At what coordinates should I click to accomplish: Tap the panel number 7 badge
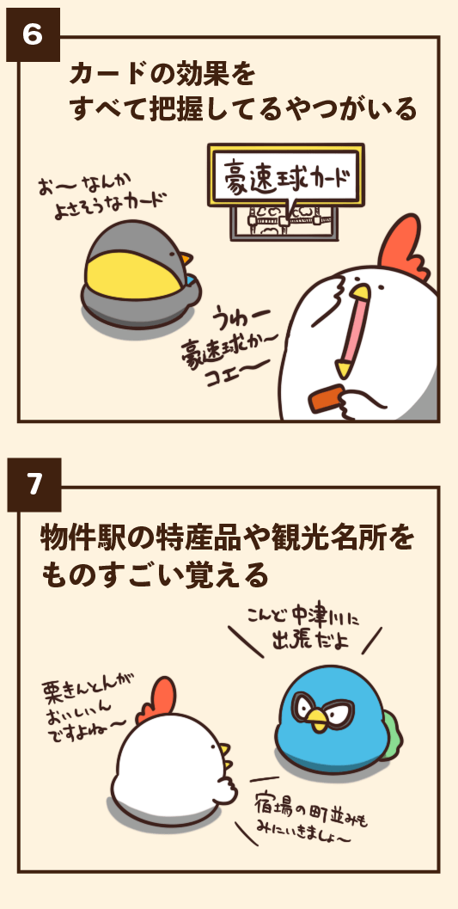coord(32,485)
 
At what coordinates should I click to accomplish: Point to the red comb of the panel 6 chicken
coord(403,245)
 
